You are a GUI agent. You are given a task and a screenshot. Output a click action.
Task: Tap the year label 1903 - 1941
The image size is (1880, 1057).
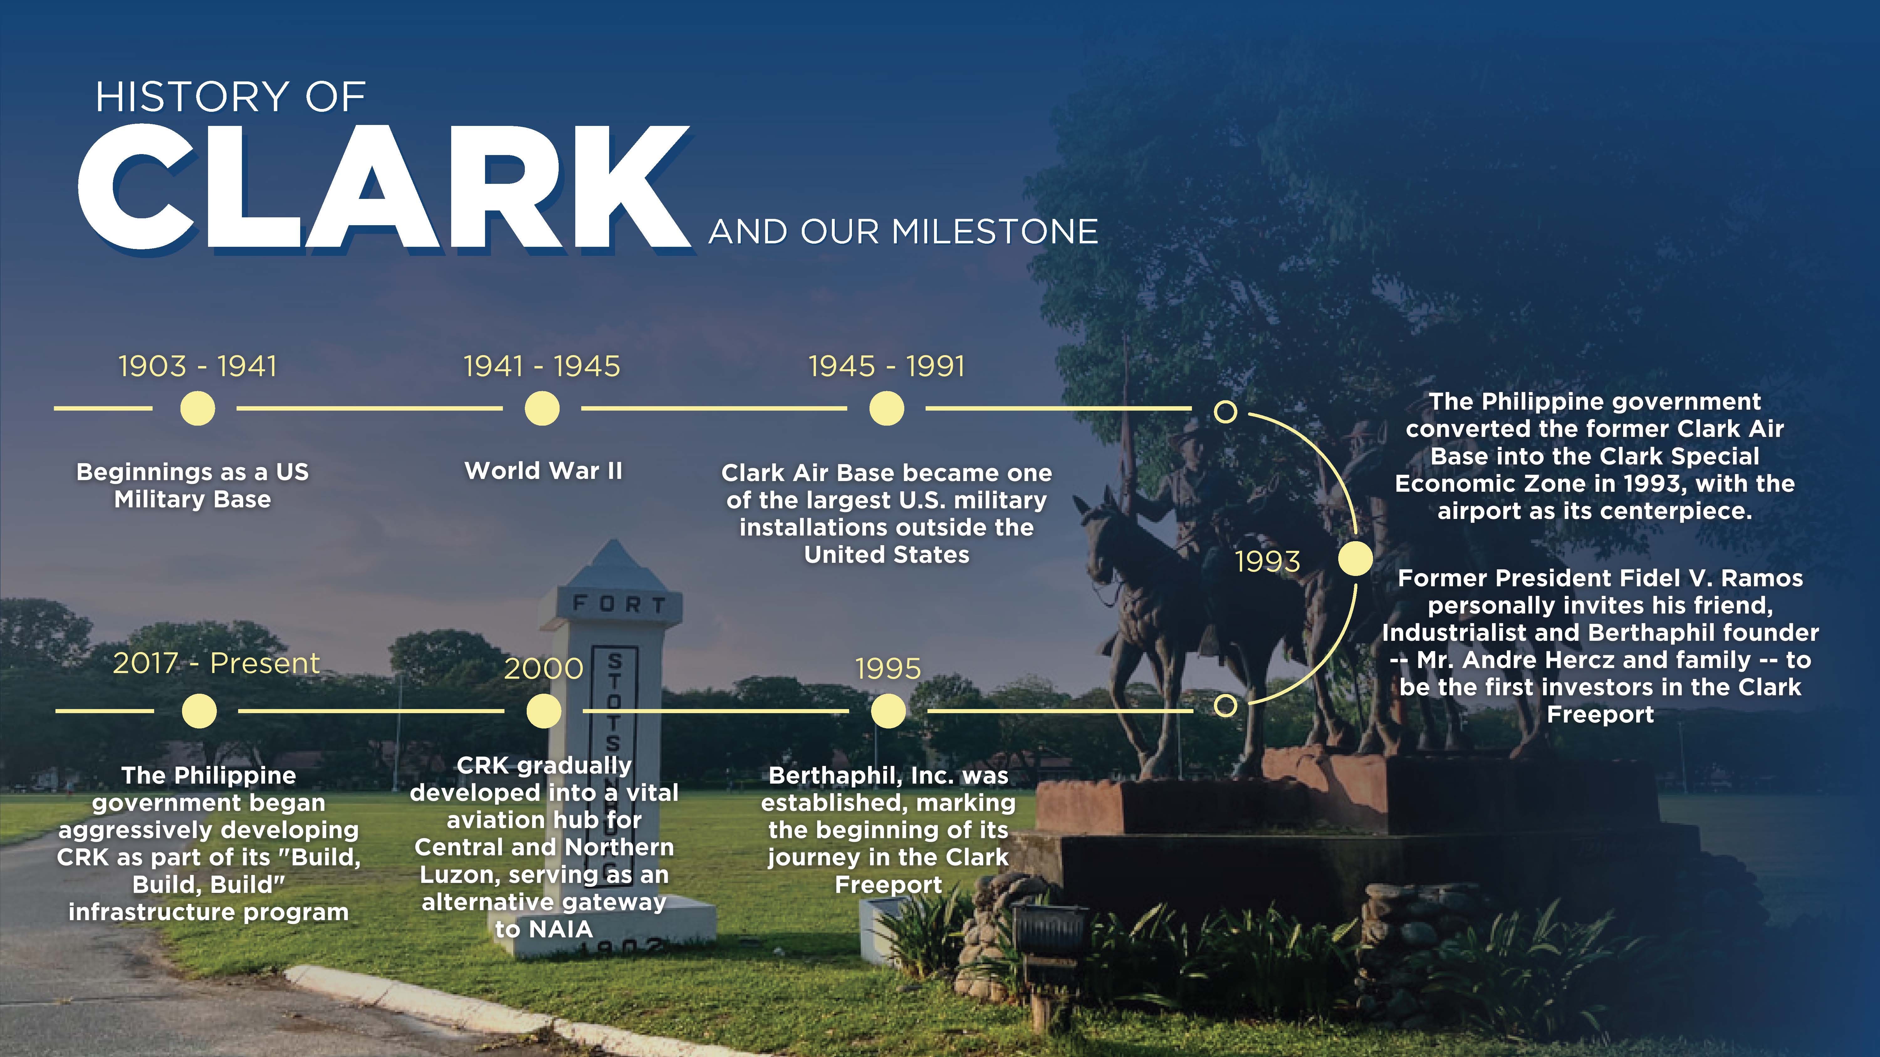(x=198, y=366)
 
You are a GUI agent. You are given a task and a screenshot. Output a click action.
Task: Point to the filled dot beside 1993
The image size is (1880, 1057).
(x=1355, y=559)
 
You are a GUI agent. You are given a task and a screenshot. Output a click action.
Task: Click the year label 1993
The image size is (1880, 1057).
(x=1268, y=562)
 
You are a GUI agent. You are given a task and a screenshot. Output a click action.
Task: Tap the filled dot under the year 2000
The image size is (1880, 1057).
(x=544, y=711)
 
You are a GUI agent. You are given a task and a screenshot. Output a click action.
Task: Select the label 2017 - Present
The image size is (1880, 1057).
(x=216, y=663)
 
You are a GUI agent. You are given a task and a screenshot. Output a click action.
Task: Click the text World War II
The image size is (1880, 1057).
(x=544, y=470)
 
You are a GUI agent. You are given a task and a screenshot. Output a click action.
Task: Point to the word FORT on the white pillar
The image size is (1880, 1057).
(x=619, y=604)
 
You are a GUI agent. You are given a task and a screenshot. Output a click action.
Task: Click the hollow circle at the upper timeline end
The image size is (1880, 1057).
(x=1225, y=412)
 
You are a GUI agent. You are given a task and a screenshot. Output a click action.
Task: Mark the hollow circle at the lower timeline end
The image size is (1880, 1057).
(x=1225, y=705)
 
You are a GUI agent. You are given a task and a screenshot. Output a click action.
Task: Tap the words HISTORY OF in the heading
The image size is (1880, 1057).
(x=231, y=97)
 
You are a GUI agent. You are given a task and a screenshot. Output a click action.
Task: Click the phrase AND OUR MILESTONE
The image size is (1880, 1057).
(x=904, y=232)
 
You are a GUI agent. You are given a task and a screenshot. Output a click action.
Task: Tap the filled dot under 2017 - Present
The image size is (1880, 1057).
(x=199, y=711)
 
